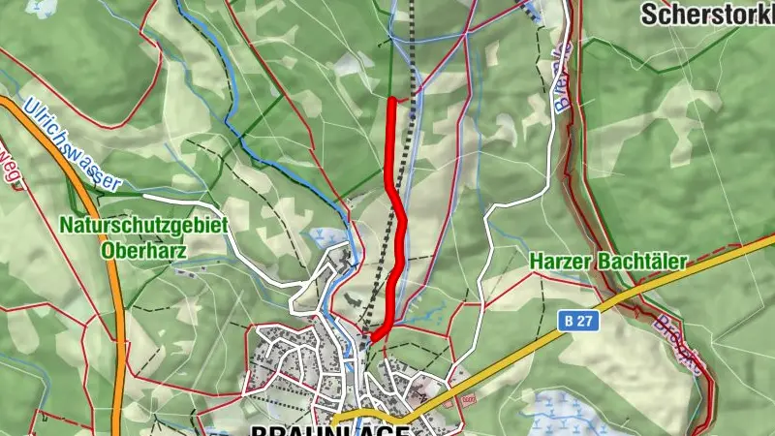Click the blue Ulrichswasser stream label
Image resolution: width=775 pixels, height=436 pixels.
click(74, 144)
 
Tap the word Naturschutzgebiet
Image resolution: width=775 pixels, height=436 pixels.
click(143, 225)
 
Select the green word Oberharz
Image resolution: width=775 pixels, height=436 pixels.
click(142, 247)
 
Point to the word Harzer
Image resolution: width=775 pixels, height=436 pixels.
click(560, 262)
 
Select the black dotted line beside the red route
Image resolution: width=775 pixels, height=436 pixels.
click(411, 145)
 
